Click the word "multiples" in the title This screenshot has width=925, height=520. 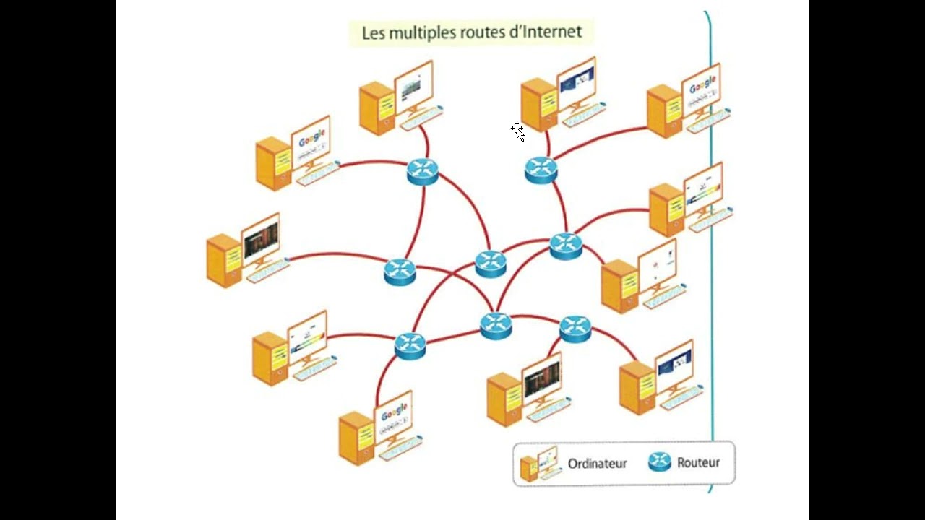tap(421, 33)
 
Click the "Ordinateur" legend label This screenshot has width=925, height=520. tap(597, 464)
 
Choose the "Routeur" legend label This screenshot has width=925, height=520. tap(698, 463)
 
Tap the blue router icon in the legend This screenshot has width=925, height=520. tap(660, 462)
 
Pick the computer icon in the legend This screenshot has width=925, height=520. tap(539, 464)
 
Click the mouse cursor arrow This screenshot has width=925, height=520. tap(518, 131)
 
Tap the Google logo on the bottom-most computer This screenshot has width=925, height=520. tap(395, 412)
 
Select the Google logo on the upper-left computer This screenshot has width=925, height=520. tap(311, 138)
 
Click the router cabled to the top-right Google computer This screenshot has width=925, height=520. tap(541, 170)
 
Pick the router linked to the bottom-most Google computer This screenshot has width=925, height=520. tap(410, 346)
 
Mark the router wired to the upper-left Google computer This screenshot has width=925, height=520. tap(423, 172)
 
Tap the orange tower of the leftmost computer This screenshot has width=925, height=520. tap(223, 260)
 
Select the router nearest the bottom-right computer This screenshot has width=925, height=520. tap(575, 329)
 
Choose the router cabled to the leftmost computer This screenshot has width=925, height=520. tap(400, 272)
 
